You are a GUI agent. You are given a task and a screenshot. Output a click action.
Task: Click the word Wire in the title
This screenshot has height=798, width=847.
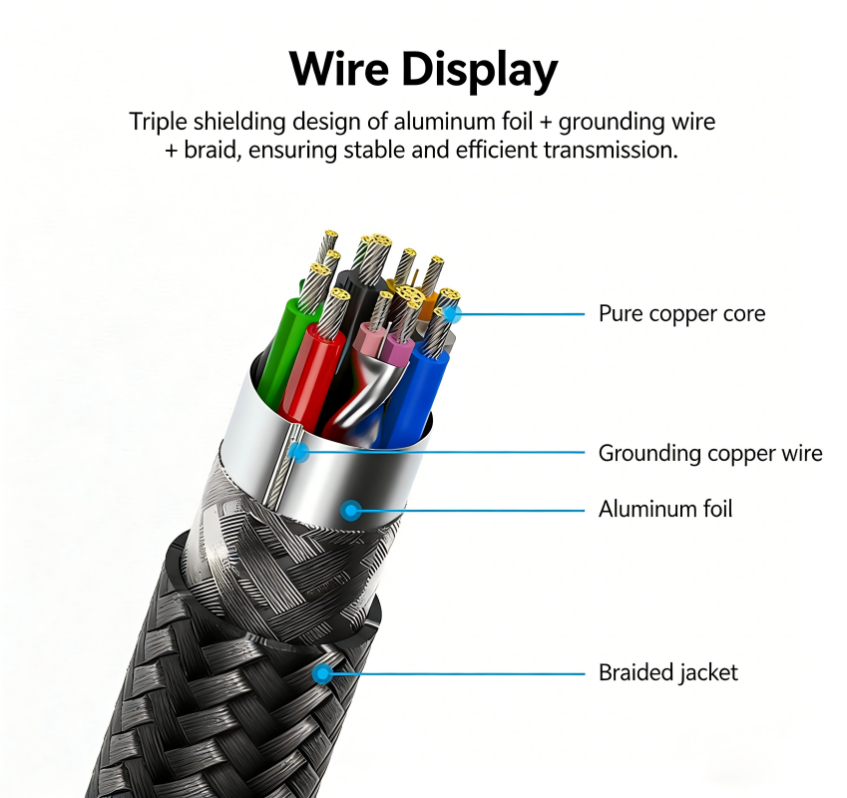[338, 69]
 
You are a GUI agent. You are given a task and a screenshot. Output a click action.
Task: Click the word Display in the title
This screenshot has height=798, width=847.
[480, 71]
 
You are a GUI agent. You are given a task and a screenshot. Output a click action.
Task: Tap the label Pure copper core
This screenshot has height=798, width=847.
[681, 313]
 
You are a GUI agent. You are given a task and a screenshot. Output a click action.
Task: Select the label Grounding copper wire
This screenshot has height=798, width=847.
[710, 453]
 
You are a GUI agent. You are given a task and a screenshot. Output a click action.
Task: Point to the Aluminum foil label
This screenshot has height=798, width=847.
[665, 509]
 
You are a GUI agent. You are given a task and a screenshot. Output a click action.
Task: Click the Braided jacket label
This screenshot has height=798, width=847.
[667, 672]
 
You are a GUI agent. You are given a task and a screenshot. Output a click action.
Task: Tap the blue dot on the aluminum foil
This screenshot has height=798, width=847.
[351, 510]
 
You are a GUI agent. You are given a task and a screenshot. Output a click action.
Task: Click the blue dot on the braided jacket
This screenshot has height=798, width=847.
[323, 673]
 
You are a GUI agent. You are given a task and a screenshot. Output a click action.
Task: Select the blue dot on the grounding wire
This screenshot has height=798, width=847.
[298, 452]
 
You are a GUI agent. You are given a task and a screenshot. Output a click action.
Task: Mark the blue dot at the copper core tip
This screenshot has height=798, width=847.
[452, 313]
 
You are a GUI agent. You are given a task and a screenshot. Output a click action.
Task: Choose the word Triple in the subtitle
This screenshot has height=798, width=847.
[158, 123]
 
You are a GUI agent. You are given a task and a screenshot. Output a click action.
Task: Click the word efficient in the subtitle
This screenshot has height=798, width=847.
[497, 150]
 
